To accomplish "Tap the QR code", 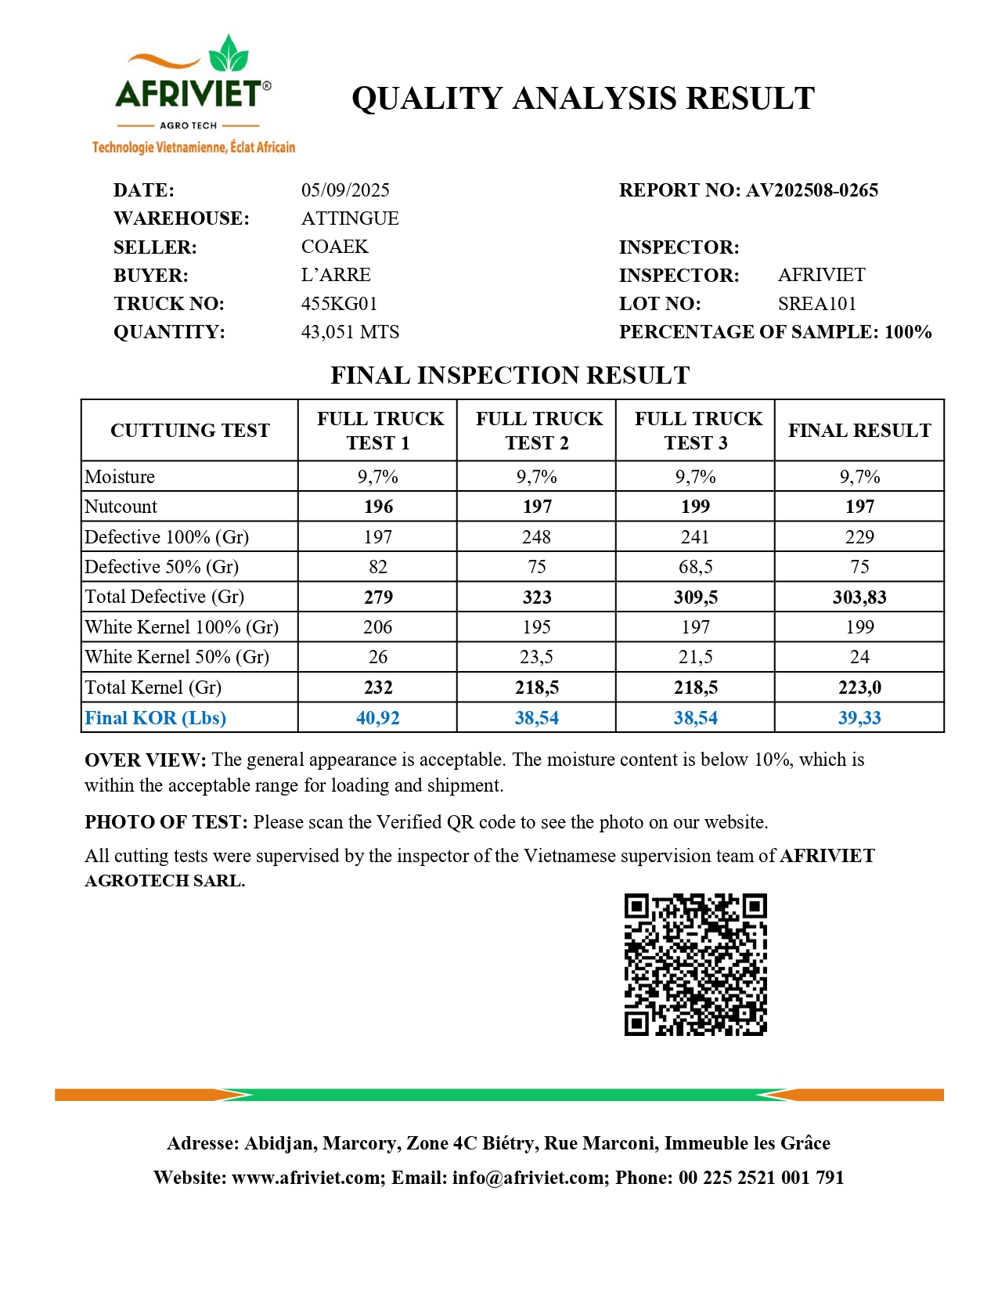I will click(x=695, y=965).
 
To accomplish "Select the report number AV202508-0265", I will click(x=812, y=190).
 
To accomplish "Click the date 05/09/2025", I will click(x=345, y=190).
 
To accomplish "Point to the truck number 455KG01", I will click(x=339, y=304).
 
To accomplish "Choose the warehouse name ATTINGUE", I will click(x=350, y=218).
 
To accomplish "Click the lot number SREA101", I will click(x=816, y=304).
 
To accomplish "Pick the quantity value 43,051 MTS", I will click(x=350, y=332).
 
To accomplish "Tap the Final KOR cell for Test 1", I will click(x=377, y=718).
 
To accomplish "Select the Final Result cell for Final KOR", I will click(x=859, y=718).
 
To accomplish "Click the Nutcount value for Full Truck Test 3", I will click(x=695, y=507).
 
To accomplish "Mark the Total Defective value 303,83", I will click(x=859, y=597).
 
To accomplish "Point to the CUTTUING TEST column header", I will click(x=189, y=431).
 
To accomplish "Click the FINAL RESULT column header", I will click(x=859, y=431).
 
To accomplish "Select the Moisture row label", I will click(x=120, y=477).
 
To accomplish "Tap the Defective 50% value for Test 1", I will click(x=377, y=567).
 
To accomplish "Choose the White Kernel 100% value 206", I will click(x=377, y=627).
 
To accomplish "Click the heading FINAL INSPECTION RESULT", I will click(x=510, y=376).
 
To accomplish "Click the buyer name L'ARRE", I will click(x=336, y=275).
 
